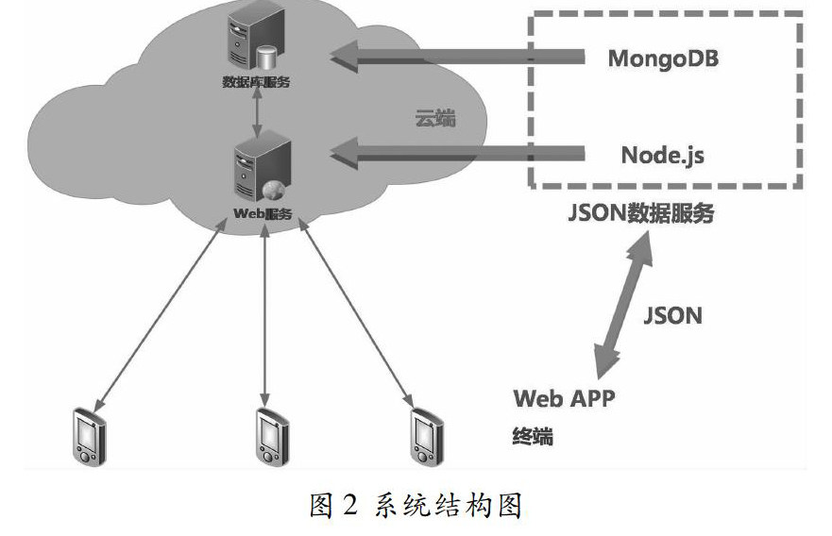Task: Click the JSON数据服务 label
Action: [641, 214]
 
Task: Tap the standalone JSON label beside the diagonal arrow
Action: [672, 315]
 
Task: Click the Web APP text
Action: [564, 397]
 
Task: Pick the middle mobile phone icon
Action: [270, 436]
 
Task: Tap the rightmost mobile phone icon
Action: [426, 436]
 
